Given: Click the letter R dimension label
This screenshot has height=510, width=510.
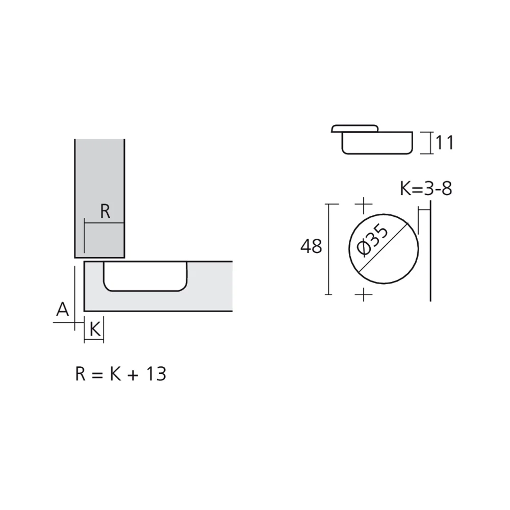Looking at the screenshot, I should (x=105, y=211).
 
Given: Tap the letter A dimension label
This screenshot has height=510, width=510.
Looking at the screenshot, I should (x=62, y=309).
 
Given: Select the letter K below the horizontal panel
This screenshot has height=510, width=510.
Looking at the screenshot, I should (x=94, y=329).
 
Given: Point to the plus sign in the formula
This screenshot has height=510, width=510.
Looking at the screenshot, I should (x=133, y=375).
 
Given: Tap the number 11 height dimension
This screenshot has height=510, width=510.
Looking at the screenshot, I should (x=444, y=143).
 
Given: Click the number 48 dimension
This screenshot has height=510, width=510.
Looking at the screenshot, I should (x=311, y=247).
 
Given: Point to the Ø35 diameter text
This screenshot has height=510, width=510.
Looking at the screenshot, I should (x=373, y=240).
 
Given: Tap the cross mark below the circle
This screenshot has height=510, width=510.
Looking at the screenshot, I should (x=363, y=295).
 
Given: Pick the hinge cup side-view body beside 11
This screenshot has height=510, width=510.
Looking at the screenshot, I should (x=377, y=143).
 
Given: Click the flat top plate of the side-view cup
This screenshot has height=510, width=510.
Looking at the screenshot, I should (x=354, y=127).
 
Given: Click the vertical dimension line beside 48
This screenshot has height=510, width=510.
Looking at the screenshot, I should (x=329, y=249).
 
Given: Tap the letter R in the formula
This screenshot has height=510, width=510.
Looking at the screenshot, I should (x=81, y=374).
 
